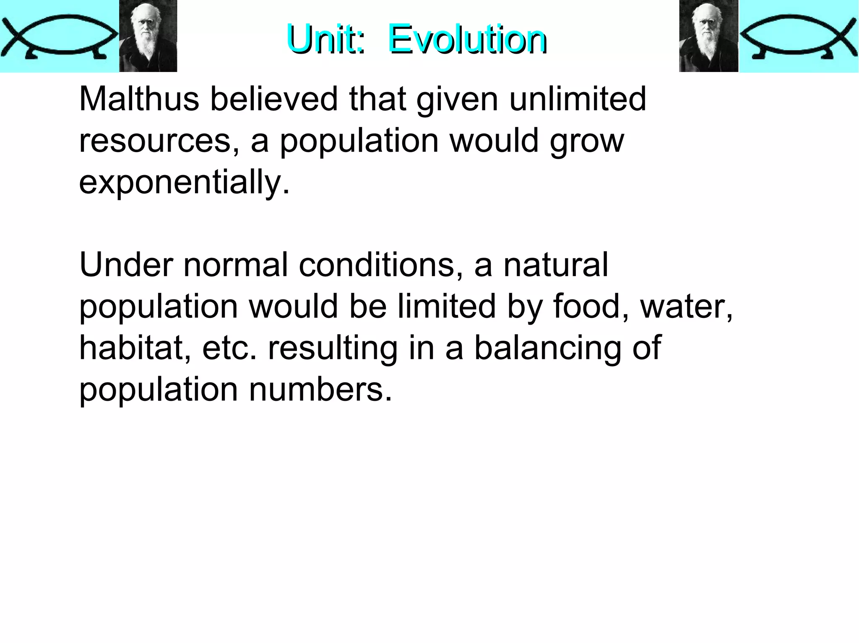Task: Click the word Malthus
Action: point(139,99)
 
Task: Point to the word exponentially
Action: point(184,182)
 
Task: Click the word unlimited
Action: point(578,99)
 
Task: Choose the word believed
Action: point(273,99)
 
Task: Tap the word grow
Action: point(587,142)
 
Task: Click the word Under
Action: point(126,265)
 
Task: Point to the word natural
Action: point(556,265)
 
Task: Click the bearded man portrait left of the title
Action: point(148,36)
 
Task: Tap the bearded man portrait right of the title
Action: point(708,36)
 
